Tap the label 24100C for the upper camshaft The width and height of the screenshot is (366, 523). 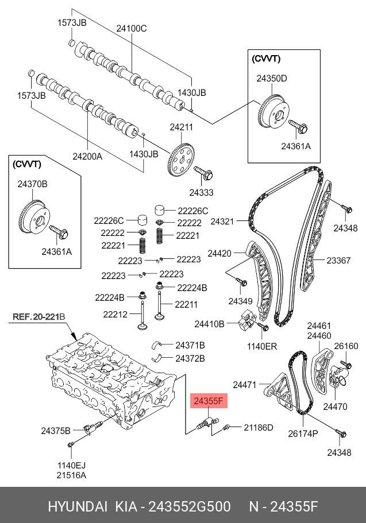132,28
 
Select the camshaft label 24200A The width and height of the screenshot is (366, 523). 87,155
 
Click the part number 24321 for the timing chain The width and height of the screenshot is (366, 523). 222,221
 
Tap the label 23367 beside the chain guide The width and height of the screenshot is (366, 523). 338,260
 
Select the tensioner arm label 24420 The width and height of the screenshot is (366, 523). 219,253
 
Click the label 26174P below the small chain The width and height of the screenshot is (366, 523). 303,433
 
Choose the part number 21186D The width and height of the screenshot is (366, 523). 259,428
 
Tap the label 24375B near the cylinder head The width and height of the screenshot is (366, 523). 56,430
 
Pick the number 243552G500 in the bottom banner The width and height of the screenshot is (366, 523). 190,507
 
